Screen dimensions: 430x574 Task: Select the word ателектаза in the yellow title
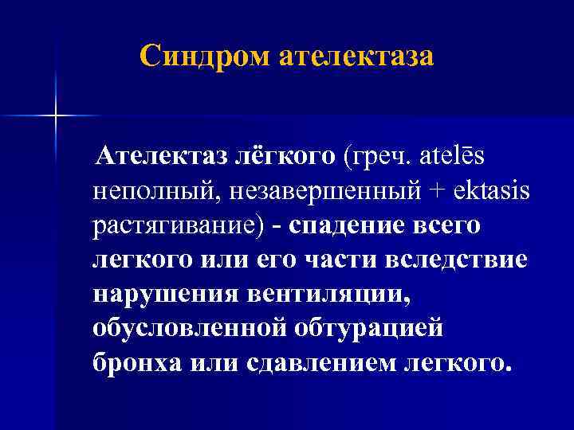pyautogui.click(x=357, y=57)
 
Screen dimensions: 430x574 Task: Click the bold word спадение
pyautogui.click(x=348, y=225)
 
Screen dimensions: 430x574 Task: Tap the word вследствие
pyautogui.click(x=470, y=260)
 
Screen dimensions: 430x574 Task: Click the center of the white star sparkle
pyautogui.click(x=55, y=116)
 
